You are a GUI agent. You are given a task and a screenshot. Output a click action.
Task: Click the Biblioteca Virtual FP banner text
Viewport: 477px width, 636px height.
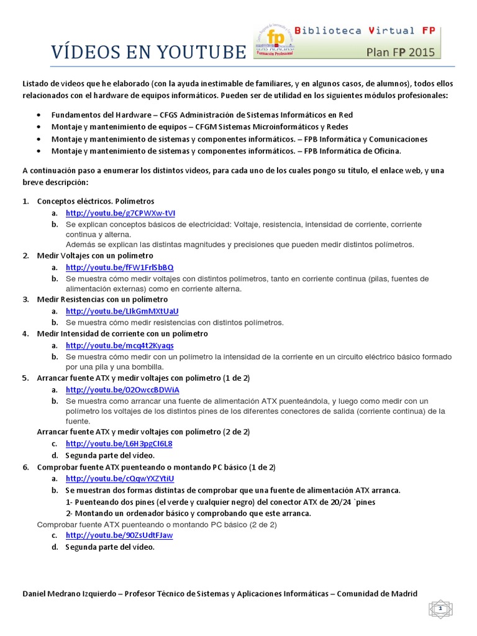(x=363, y=30)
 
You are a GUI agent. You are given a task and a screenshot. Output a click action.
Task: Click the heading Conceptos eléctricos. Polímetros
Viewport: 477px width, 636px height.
(x=96, y=201)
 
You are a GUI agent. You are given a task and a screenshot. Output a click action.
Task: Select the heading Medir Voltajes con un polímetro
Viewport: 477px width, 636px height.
(x=95, y=255)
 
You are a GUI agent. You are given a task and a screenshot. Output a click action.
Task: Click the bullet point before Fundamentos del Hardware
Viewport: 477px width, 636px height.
(x=39, y=115)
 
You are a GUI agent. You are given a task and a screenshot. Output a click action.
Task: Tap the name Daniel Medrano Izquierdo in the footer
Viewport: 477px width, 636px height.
(x=68, y=594)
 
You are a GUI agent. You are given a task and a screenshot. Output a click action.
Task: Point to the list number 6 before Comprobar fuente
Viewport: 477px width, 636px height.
(x=25, y=467)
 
